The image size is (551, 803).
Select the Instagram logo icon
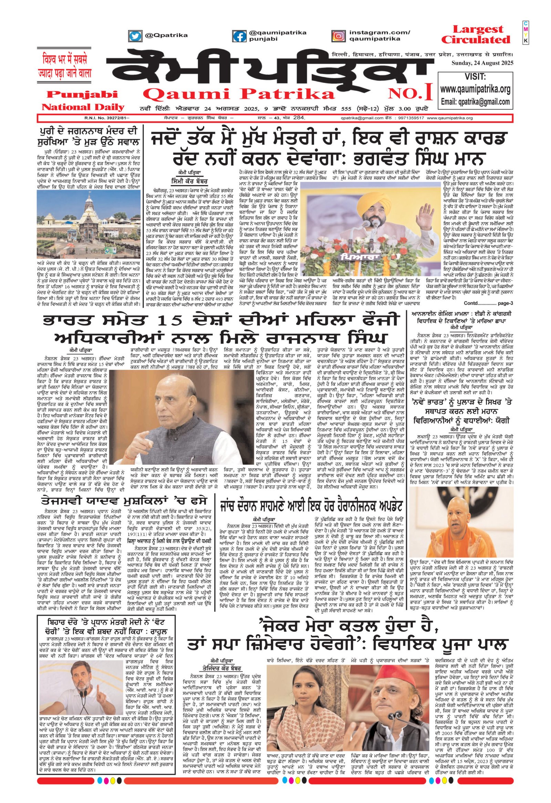(339, 35)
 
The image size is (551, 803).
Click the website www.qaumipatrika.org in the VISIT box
(475, 89)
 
